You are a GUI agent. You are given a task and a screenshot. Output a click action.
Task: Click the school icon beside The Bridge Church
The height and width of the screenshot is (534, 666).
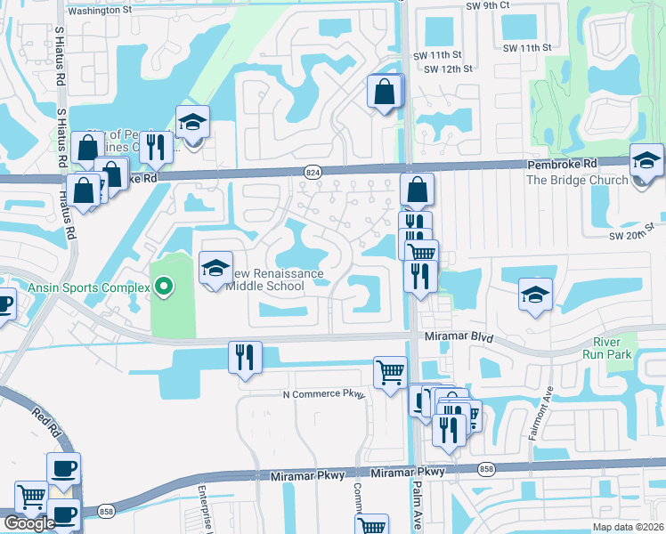[646, 160]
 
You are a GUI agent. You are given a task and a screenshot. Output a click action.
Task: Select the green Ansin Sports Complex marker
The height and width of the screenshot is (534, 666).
[163, 287]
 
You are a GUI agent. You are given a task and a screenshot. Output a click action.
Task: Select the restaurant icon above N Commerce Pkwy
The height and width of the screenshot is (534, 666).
[245, 358]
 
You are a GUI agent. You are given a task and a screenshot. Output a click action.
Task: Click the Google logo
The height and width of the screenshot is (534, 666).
[29, 523]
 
